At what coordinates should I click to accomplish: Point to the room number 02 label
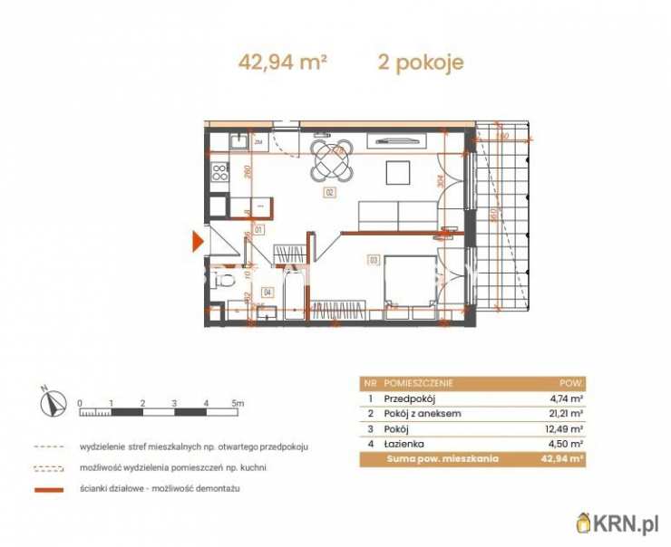click(329, 193)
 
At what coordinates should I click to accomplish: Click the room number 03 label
click(372, 260)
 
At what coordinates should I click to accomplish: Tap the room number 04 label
click(267, 292)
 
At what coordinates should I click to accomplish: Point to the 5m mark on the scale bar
click(238, 402)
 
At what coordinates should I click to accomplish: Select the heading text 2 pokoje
click(421, 62)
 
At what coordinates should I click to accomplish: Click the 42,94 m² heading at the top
click(282, 62)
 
